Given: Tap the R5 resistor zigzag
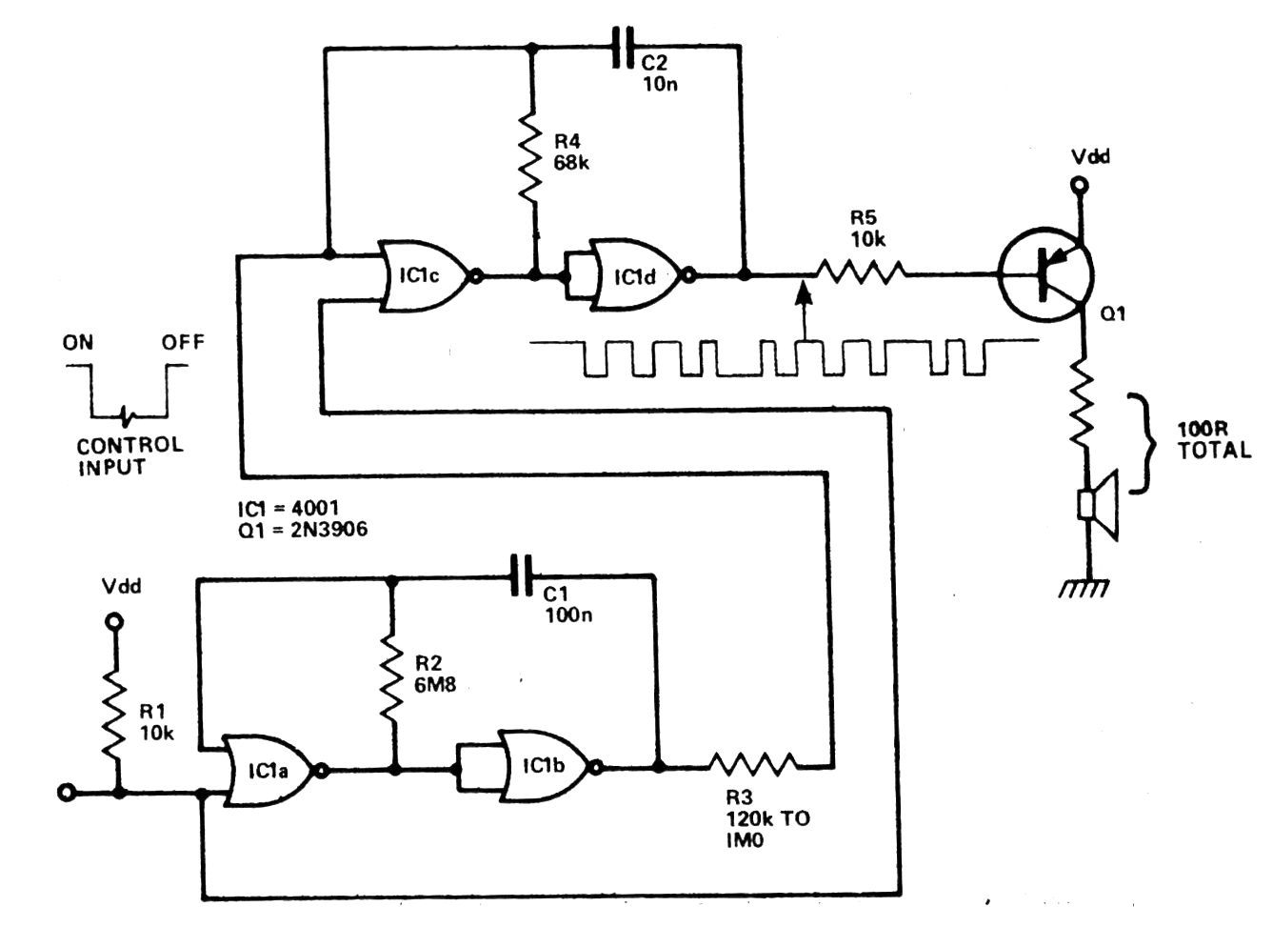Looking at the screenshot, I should click(860, 274).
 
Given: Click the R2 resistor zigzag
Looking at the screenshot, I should click(390, 678).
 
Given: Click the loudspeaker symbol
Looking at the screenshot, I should click(1098, 505).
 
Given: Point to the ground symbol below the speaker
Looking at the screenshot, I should click(1084, 587).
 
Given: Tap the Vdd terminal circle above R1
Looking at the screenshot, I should click(114, 622).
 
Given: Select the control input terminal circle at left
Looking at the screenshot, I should click(67, 792).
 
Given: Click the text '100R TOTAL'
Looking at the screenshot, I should click(1213, 440).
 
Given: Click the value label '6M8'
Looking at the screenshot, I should click(435, 684).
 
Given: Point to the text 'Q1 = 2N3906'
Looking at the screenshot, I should click(302, 530).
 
